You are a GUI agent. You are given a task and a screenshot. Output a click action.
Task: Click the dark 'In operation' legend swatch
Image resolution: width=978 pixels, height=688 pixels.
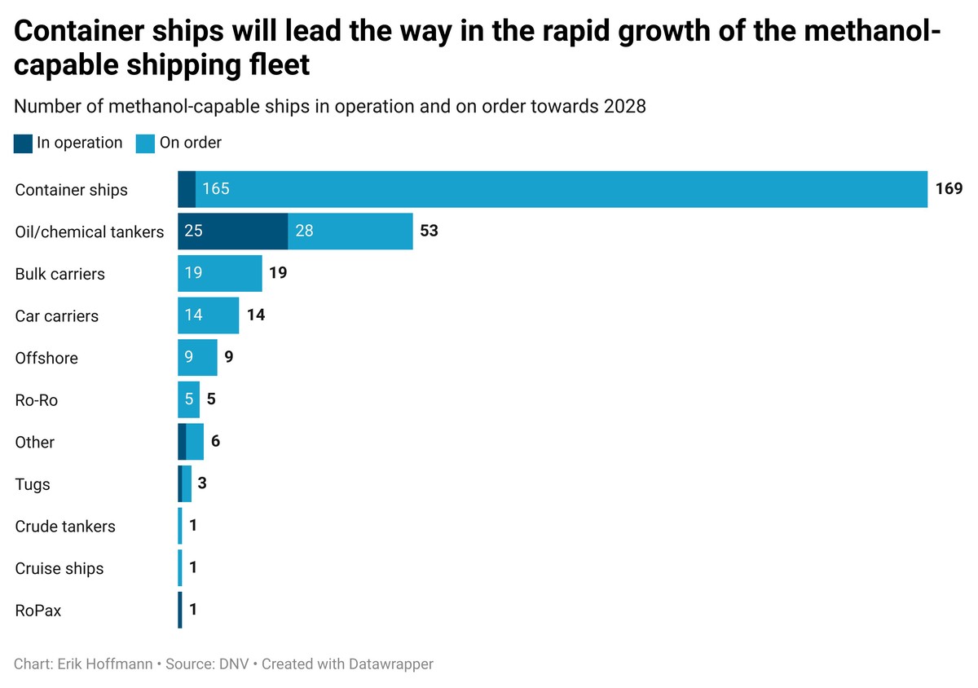coord(24,143)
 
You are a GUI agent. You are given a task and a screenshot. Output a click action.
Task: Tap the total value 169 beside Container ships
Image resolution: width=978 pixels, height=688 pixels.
coord(949,189)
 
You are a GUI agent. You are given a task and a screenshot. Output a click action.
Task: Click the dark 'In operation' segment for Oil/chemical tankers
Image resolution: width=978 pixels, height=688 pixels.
coord(233,232)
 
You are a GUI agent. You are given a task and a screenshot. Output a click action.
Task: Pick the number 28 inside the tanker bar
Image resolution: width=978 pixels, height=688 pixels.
coord(304,232)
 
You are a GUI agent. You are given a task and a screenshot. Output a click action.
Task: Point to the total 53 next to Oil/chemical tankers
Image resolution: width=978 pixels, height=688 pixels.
coord(429,231)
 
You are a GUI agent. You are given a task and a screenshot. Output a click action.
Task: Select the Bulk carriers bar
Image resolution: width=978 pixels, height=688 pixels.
coord(220,273)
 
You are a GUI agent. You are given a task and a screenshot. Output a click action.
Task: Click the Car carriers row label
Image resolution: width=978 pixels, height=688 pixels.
coord(56,315)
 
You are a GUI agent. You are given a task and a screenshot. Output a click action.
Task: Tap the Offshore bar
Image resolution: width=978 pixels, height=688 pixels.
coord(197,358)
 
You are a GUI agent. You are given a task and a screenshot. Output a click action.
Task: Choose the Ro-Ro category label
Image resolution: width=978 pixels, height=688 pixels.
coord(37,400)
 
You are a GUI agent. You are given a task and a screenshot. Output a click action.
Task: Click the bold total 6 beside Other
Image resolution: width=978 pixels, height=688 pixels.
coord(215,442)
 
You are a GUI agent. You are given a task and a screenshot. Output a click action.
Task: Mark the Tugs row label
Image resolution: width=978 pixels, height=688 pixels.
coord(33,484)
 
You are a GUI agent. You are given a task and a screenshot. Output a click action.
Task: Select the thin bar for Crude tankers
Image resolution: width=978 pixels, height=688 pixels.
coord(180,526)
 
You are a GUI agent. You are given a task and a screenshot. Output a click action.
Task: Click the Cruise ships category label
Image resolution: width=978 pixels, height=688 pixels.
coord(59,568)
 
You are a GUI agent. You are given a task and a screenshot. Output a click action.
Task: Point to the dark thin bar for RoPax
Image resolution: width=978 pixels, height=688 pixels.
coord(180,611)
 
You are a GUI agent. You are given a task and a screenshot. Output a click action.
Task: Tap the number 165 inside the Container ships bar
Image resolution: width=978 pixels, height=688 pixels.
coord(216,189)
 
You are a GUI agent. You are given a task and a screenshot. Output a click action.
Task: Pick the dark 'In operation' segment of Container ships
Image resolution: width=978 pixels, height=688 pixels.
coord(187,189)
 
